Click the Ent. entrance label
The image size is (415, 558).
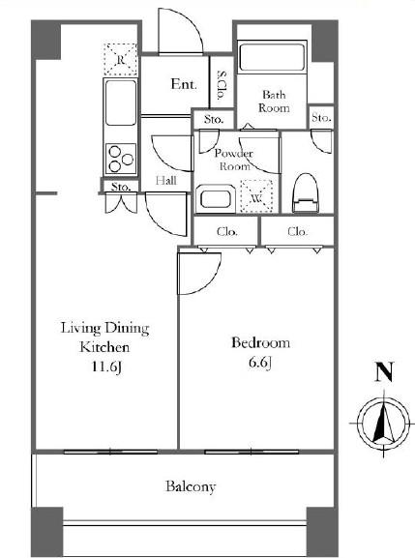tap(184, 84)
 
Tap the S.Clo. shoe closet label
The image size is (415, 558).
tap(222, 85)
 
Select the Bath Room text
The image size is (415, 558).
tap(274, 102)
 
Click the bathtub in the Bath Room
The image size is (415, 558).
tap(273, 57)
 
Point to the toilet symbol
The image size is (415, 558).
tap(305, 192)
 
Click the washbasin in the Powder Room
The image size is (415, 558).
tap(215, 198)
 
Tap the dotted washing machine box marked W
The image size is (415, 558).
tap(256, 196)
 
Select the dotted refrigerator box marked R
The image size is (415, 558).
tap(120, 59)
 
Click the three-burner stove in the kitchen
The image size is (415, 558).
tap(121, 159)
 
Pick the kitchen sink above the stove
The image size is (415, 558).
tap(121, 103)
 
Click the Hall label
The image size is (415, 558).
tap(165, 181)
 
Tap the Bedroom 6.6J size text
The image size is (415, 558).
tap(260, 363)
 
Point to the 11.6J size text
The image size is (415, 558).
tap(106, 367)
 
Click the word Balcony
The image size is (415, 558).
tap(191, 486)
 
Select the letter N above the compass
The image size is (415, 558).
tap(384, 372)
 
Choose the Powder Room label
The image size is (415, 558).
tap(234, 160)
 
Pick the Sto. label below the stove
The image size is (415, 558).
tap(120, 187)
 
